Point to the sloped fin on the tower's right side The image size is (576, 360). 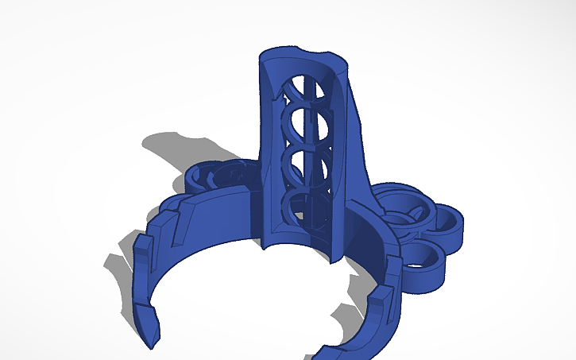click(x=359, y=151)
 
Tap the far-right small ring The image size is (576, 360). click(x=449, y=223)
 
